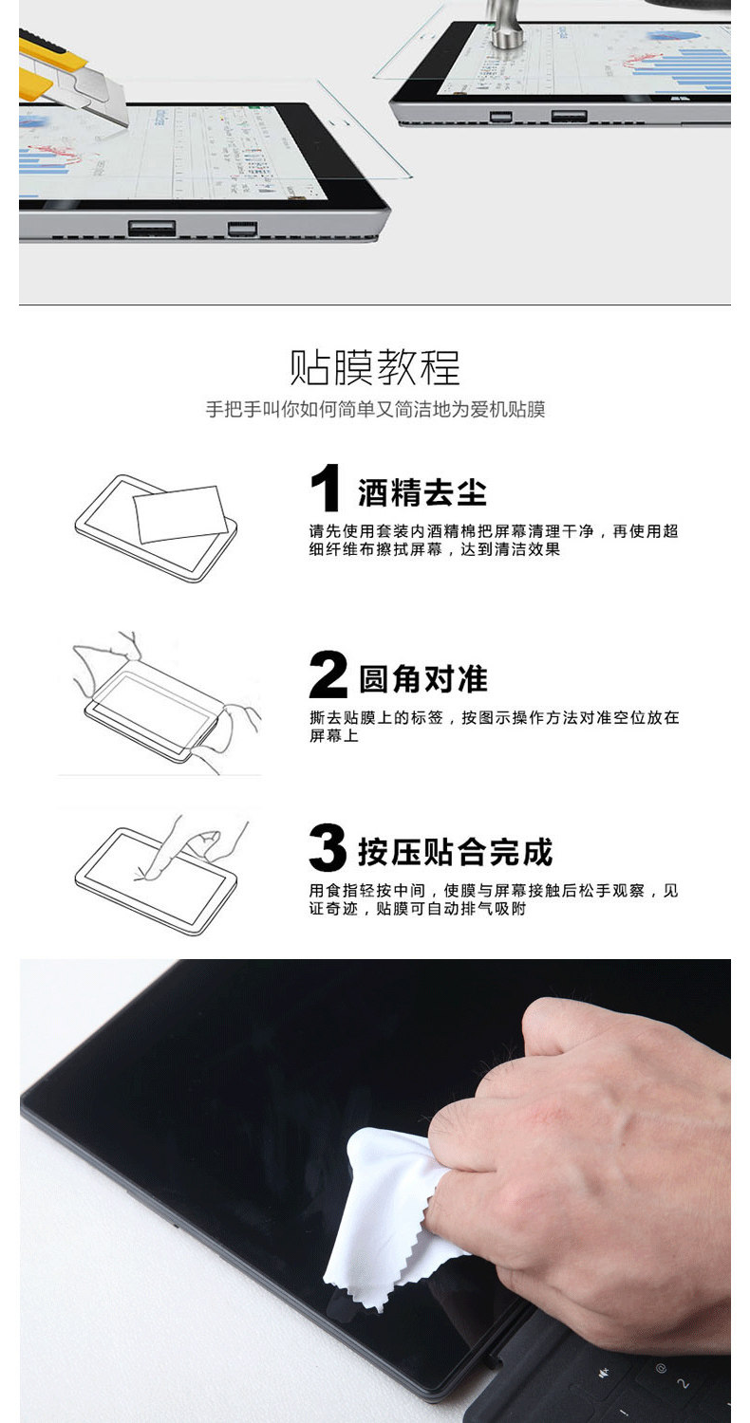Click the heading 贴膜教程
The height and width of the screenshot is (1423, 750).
pyautogui.click(x=374, y=367)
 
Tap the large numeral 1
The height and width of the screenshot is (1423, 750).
pyautogui.click(x=326, y=488)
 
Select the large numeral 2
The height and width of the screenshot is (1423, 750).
pyautogui.click(x=328, y=674)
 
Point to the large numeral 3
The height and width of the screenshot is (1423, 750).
pyautogui.click(x=328, y=847)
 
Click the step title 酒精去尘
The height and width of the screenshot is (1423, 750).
pyautogui.click(x=422, y=493)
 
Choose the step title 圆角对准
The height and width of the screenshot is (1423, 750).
pyautogui.click(x=423, y=679)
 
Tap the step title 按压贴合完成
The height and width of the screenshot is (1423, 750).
pyautogui.click(x=456, y=852)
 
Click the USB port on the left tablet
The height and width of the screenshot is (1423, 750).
pyautogui.click(x=152, y=228)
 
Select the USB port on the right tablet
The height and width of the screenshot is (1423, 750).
pyautogui.click(x=569, y=116)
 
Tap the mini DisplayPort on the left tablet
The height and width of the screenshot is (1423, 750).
pyautogui.click(x=243, y=229)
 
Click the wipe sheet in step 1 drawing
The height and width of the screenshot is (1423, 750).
pyautogui.click(x=180, y=514)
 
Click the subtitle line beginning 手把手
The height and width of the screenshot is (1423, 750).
pyautogui.click(x=375, y=409)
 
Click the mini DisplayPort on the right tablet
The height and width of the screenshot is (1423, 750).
pyautogui.click(x=501, y=117)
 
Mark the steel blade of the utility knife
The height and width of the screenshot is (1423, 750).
pyautogui.click(x=95, y=101)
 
